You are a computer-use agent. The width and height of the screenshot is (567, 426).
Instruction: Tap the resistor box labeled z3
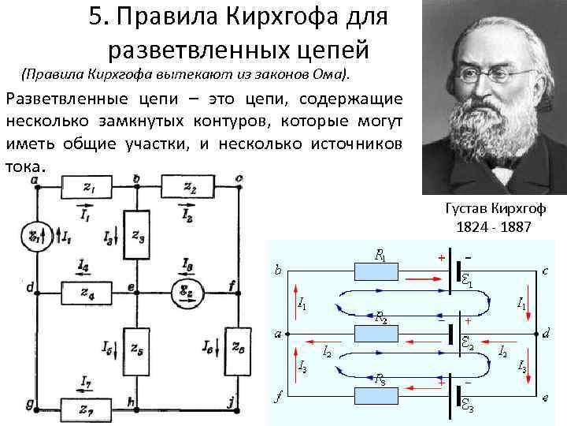tap(137, 234)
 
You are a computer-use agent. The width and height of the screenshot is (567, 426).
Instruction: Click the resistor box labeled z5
tap(137, 348)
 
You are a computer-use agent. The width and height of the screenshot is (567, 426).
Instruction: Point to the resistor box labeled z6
tap(237, 348)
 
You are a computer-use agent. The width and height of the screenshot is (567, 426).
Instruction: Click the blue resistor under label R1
tap(375, 271)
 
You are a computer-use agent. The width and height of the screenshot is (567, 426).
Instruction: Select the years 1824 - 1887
tap(493, 226)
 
